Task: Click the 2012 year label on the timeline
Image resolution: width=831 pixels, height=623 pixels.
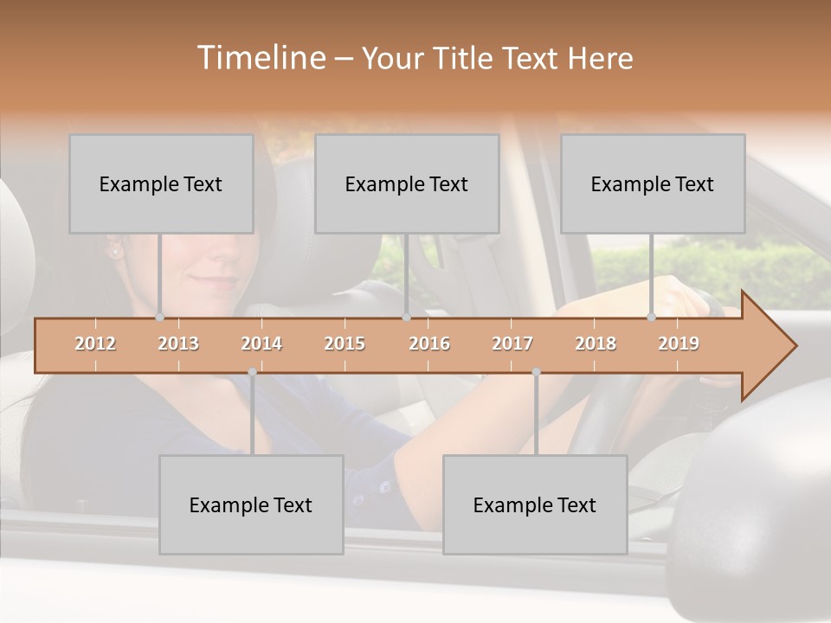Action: (95, 344)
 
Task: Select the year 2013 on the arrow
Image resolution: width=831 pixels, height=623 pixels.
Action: (178, 344)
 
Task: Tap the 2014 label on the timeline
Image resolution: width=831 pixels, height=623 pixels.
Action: (261, 344)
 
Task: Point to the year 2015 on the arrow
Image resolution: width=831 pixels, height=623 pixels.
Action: (345, 344)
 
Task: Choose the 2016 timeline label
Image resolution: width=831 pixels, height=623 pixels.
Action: (429, 344)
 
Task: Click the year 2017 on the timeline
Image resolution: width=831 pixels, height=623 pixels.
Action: (512, 344)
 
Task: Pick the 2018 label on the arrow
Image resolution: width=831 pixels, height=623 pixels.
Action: (596, 344)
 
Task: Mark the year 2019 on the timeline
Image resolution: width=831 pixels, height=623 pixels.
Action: (679, 344)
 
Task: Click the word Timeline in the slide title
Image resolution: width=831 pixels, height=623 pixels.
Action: (261, 58)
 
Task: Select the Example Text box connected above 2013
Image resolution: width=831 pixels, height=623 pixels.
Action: (161, 183)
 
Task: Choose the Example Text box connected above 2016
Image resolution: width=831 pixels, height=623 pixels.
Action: (407, 183)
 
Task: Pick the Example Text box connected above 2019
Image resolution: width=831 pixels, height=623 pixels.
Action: (653, 183)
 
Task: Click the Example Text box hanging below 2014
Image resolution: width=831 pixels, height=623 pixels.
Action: (251, 504)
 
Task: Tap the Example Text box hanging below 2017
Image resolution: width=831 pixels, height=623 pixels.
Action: (535, 504)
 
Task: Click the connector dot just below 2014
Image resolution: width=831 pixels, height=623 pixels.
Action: (252, 372)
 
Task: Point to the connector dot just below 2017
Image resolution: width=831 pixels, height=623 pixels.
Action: (536, 372)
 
